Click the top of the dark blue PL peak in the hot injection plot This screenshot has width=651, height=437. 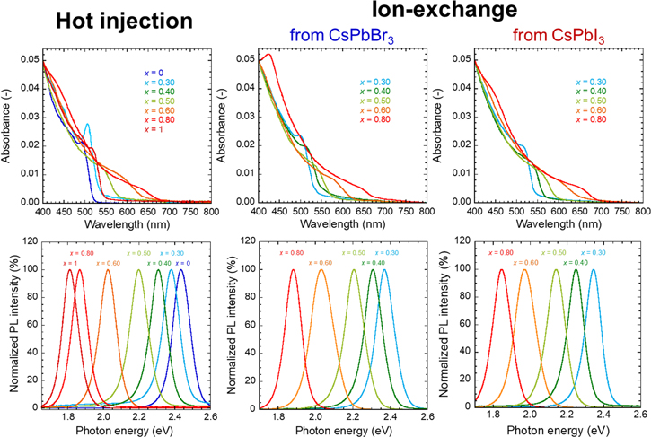(x=181, y=270)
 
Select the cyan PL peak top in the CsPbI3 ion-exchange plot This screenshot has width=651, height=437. (x=593, y=270)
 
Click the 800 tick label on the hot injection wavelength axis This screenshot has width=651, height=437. (x=208, y=209)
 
